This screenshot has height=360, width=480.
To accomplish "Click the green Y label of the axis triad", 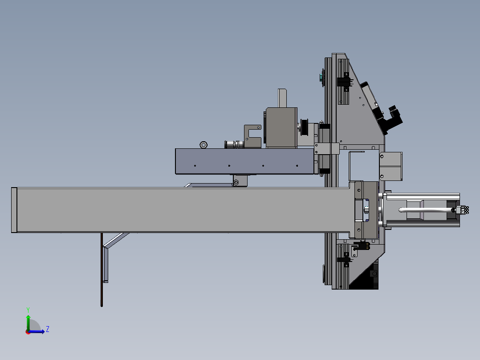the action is pyautogui.click(x=28, y=310).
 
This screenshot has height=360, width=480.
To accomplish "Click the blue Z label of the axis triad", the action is pyautogui.click(x=48, y=329).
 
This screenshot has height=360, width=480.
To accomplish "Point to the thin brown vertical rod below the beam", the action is pyautogui.click(x=102, y=270).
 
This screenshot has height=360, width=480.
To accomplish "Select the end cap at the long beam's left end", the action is pyautogui.click(x=14, y=210).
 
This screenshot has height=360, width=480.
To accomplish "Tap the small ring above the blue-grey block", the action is pyautogui.click(x=203, y=145).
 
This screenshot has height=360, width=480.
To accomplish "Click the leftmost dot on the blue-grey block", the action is pyautogui.click(x=195, y=166).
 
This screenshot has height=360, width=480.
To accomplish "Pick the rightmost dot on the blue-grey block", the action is pyautogui.click(x=297, y=166).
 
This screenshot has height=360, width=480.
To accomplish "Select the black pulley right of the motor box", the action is pyautogui.click(x=304, y=127).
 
